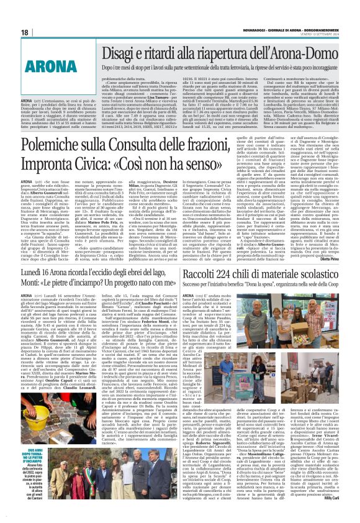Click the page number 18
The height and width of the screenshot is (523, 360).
point(24,32)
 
